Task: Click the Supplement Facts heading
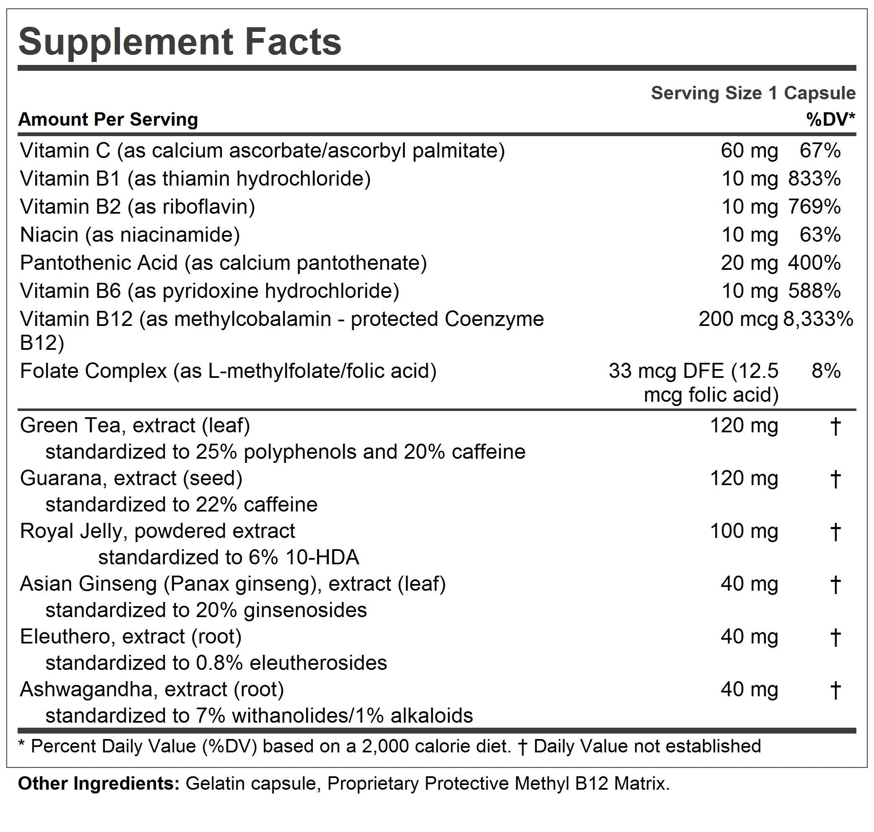coord(180,42)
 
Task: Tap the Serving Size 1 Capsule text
coord(753,93)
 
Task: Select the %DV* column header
coord(830,119)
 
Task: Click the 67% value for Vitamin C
coord(820,151)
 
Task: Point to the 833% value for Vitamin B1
coord(814,179)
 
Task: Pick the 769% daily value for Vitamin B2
coord(814,207)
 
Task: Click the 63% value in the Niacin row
coord(820,235)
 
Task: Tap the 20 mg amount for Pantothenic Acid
coord(749,263)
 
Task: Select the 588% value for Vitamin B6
coord(814,291)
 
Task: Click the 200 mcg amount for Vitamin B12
coord(738,319)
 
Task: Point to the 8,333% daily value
coord(818,319)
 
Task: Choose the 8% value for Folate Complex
coord(826,371)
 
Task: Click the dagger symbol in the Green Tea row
coord(835,426)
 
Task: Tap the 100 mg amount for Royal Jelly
coord(744,531)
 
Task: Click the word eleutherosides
coord(318,663)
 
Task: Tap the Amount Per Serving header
coord(108,120)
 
